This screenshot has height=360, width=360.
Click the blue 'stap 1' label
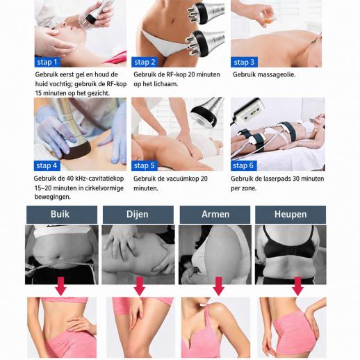47,62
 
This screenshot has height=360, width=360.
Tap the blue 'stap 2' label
145,62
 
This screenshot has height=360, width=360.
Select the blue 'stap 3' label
244,62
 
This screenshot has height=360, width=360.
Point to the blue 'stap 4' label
47,165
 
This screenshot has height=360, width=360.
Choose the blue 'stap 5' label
145,165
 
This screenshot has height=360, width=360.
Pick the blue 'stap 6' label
244,165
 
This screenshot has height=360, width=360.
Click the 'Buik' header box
62,215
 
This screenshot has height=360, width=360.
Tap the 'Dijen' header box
138,215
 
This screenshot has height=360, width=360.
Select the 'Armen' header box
215,215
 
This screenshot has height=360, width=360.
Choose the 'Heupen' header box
291,215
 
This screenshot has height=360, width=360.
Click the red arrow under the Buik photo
60,286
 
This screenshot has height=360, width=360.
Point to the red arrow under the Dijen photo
140,286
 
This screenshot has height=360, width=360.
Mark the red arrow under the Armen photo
218,286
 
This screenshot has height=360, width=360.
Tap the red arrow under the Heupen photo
297,286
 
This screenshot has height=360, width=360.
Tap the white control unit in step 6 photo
249,111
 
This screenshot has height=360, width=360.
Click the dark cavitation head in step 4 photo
76,150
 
